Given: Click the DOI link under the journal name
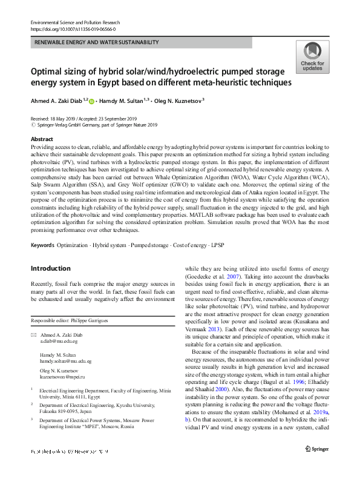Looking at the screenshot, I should point(72,29).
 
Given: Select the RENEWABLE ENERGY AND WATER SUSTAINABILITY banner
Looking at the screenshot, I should point(97,42).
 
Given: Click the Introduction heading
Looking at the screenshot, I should point(50,268).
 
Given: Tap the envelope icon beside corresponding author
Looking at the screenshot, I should point(34,335).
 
